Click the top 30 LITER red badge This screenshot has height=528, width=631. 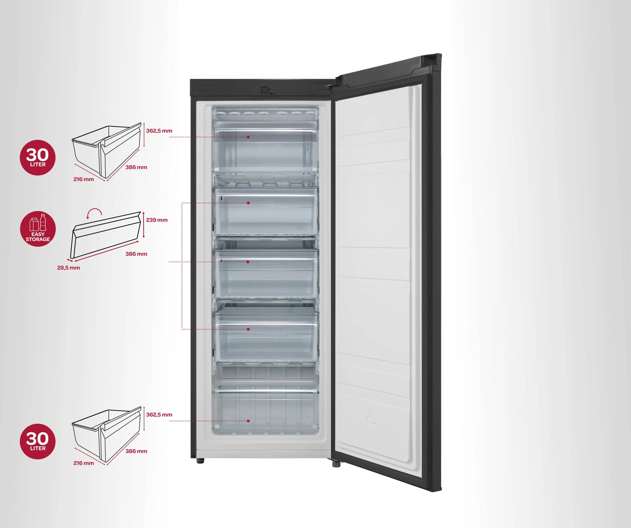pos(38,157)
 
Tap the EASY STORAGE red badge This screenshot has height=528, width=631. pos(38,229)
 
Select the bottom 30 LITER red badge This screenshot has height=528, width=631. pos(38,441)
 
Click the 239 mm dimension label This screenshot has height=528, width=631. pos(157,220)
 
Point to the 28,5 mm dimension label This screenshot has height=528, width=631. pos(68,268)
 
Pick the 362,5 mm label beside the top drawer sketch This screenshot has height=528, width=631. pos(159,131)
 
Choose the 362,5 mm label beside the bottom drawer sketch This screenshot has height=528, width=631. pos(159,414)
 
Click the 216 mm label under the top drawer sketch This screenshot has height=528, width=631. pos(83,179)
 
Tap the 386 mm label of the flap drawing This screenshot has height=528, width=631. pos(136,254)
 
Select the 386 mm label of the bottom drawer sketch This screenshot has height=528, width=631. pos(136,451)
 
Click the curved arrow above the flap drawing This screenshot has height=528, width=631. pos(95,212)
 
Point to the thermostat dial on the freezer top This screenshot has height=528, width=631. pos(265,90)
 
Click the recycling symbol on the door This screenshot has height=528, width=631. pos(371,418)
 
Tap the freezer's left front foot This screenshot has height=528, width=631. pos(200,461)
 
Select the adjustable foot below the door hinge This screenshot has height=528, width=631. pos(336,464)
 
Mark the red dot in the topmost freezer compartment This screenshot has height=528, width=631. pos(248,137)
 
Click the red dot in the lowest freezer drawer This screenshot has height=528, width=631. pos(248,421)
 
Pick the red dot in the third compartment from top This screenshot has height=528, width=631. pos(248,262)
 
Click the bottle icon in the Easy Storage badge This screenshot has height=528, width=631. pos(43,222)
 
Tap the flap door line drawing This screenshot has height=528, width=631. pos(105,235)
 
